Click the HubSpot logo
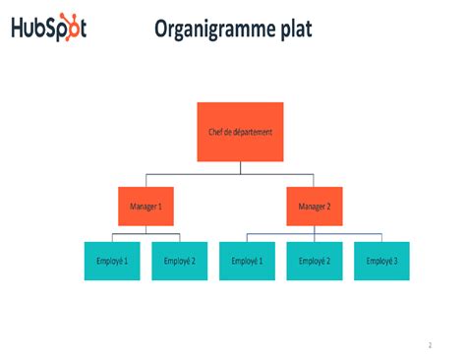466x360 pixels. tap(49, 28)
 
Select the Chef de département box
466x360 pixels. tap(241, 132)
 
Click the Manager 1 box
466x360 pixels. tap(146, 207)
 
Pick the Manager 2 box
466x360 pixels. tap(315, 207)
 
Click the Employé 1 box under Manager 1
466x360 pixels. tap(112, 261)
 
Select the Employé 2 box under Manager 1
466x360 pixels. tap(180, 261)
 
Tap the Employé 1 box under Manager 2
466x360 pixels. tap(247, 261)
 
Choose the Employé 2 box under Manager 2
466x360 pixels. tap(315, 261)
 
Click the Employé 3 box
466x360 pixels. tap(381, 261)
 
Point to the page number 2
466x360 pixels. tap(430, 345)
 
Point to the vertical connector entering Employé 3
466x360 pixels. tap(381, 237)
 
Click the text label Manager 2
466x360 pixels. tap(315, 207)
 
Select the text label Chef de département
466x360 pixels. tap(241, 132)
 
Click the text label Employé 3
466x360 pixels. tap(381, 261)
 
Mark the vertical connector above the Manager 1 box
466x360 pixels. tap(146, 180)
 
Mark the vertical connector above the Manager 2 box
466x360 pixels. tap(315, 180)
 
